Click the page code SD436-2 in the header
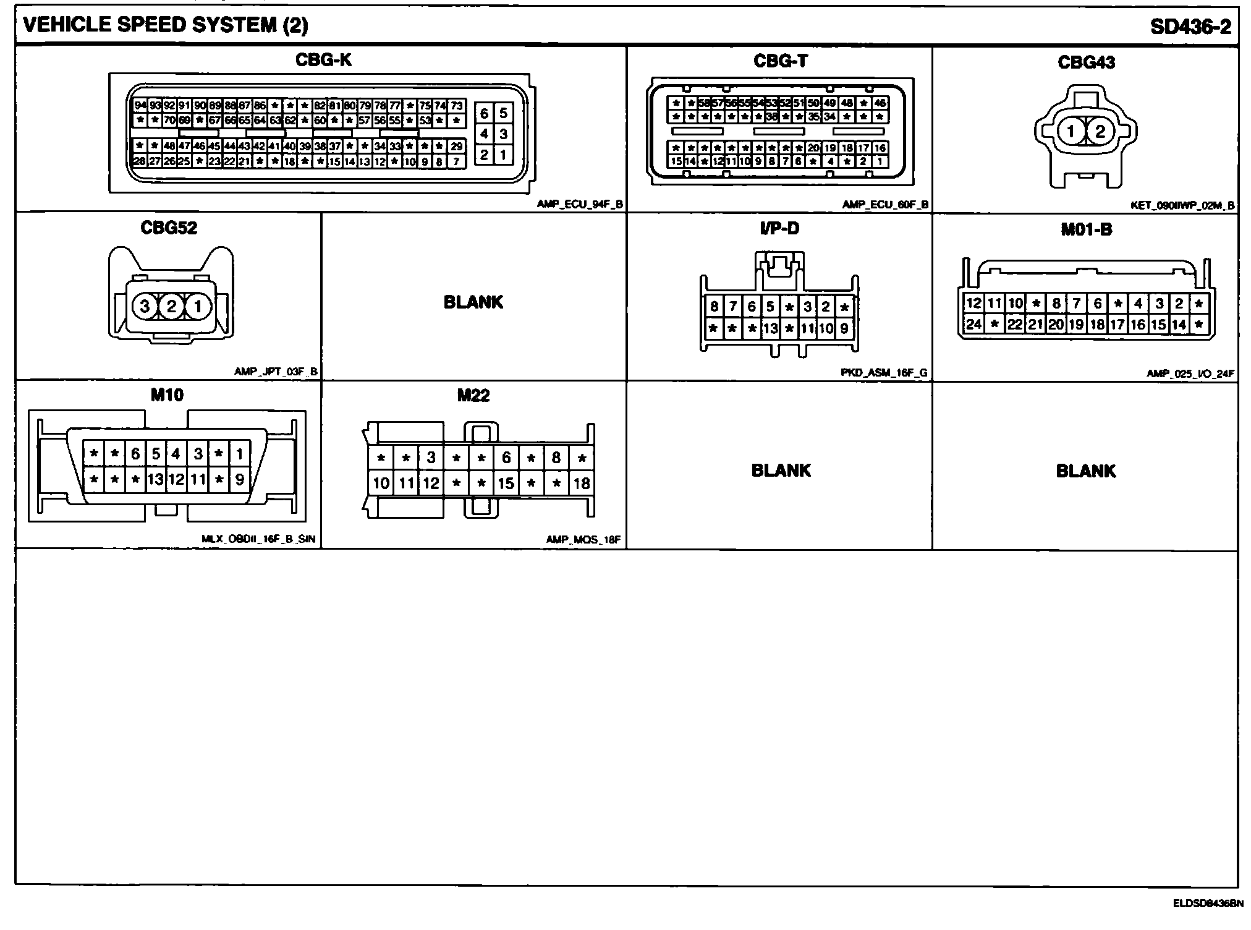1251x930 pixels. click(x=1190, y=26)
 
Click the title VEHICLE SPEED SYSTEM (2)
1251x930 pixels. click(x=166, y=25)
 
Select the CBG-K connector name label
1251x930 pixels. click(x=323, y=60)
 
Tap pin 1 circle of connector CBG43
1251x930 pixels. click(x=1071, y=132)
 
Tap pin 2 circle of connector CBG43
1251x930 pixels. click(x=1100, y=132)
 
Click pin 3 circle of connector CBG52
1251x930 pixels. click(x=145, y=306)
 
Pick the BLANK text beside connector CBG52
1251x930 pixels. click(x=473, y=302)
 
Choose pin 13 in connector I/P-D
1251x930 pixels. click(x=770, y=328)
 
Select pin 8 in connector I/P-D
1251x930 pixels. click(x=714, y=306)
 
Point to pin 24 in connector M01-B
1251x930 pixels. click(x=973, y=324)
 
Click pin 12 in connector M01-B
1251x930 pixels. click(x=973, y=303)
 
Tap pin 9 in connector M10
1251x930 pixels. click(x=239, y=479)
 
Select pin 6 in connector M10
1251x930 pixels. click(x=135, y=454)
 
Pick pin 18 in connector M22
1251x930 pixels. click(x=581, y=483)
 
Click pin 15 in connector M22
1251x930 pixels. click(x=506, y=483)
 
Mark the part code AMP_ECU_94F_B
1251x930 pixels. click(x=579, y=205)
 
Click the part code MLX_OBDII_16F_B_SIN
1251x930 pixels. click(x=258, y=539)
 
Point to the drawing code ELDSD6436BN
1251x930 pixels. click(x=1208, y=903)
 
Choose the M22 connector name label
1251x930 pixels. click(x=473, y=395)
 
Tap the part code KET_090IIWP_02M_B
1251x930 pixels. click(x=1182, y=205)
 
